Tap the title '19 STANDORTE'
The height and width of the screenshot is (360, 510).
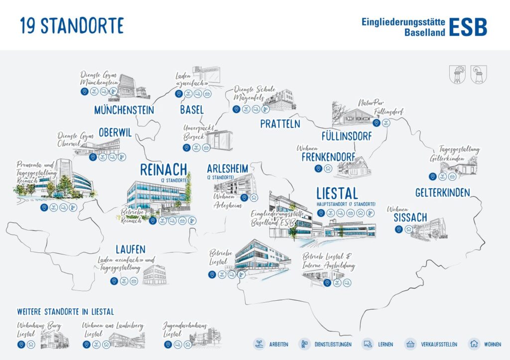tap(71, 25)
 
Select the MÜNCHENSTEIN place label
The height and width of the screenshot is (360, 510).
tap(124, 110)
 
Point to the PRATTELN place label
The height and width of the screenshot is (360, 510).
tap(280, 123)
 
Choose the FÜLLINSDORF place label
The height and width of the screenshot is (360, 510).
tap(346, 136)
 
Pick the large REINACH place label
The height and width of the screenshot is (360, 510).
tap(163, 169)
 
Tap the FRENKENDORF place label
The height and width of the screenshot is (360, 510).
tap(328, 157)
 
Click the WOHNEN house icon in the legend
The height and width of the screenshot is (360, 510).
tap(474, 344)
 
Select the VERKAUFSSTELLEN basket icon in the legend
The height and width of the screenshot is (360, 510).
tap(411, 344)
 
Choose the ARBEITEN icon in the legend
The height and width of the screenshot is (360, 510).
tap(259, 344)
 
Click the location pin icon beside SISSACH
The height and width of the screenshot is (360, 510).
tap(398, 229)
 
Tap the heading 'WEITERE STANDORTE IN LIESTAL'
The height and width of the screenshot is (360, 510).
tap(66, 312)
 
